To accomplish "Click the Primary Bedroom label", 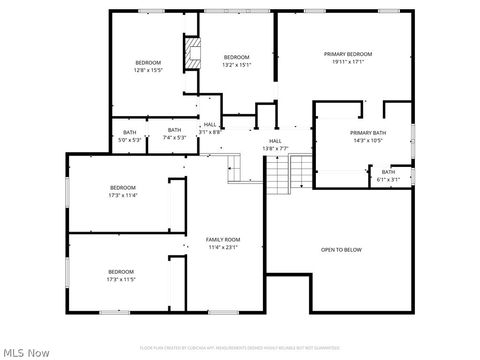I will [x=347, y=54].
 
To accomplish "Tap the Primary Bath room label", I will [x=368, y=133].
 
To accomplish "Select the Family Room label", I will [x=223, y=240].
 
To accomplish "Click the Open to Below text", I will [x=341, y=249].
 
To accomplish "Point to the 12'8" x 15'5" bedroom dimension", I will [x=148, y=70].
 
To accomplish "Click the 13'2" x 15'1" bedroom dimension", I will [x=236, y=65].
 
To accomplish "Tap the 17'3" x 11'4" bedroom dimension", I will [x=122, y=196].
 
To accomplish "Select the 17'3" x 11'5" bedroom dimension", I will [x=122, y=280].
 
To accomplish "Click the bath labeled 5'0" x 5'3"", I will [x=130, y=138].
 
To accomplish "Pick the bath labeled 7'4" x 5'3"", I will [x=175, y=138].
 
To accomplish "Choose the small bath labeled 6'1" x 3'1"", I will [x=388, y=180].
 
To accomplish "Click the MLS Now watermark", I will [x=27, y=352].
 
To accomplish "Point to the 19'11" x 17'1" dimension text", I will [x=347, y=62].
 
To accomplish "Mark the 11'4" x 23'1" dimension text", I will [x=223, y=247].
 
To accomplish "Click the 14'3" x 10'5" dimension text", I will [x=368, y=141].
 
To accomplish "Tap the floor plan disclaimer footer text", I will [x=240, y=347].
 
